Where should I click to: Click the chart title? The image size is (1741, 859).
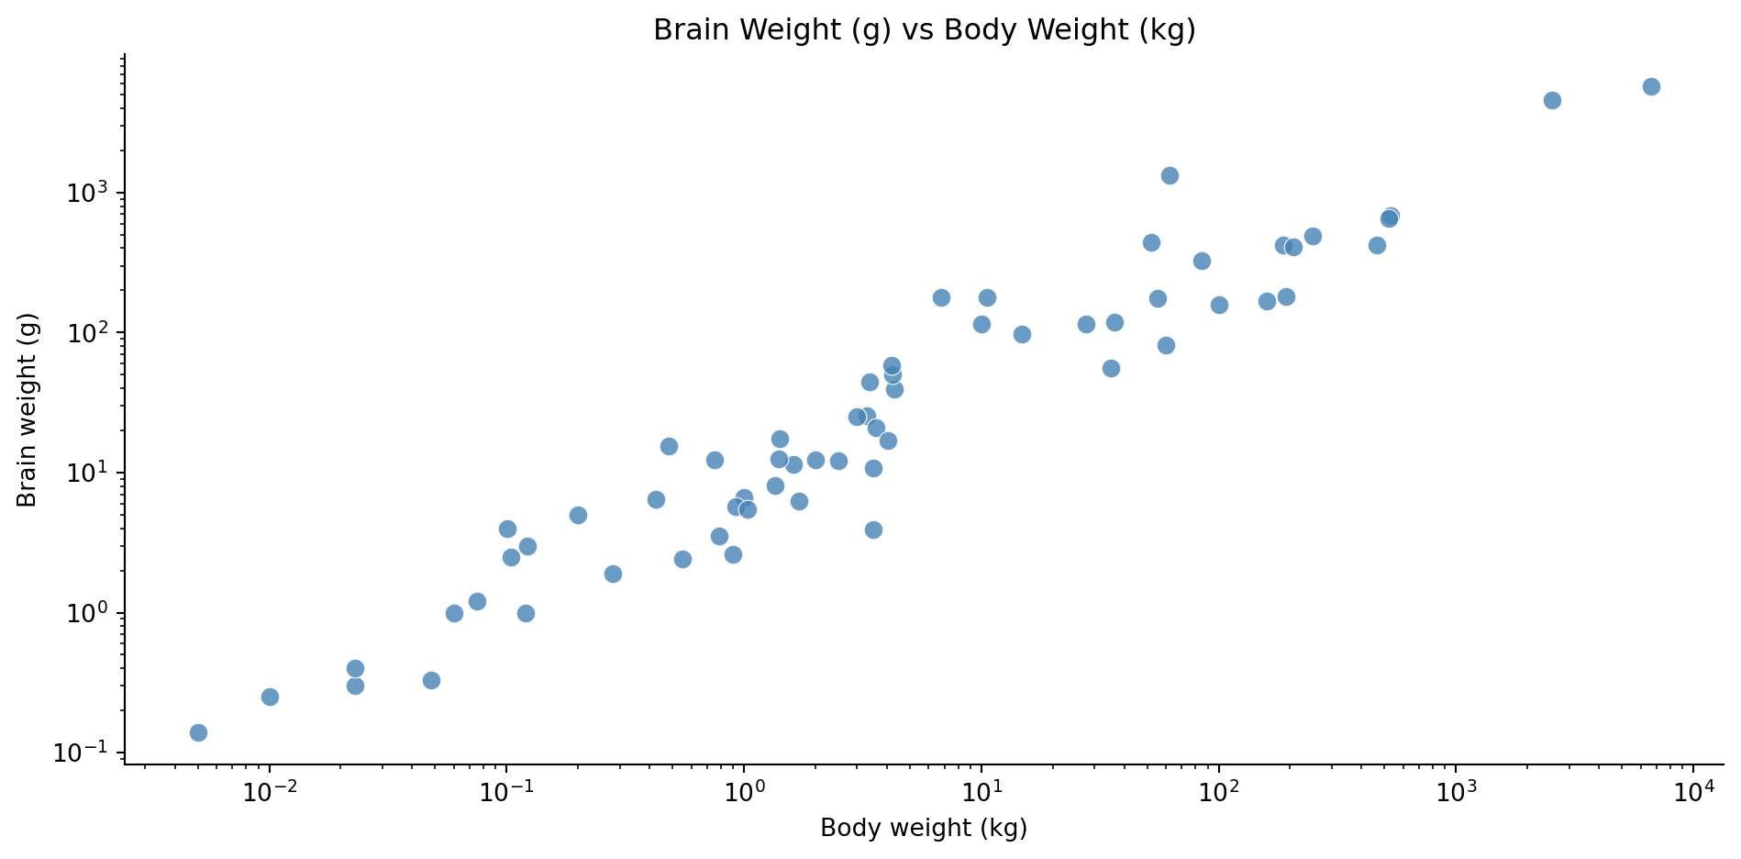924,30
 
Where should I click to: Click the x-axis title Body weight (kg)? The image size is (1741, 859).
924,828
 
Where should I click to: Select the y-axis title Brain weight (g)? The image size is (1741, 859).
28,409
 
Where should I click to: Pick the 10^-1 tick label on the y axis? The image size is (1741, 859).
87,753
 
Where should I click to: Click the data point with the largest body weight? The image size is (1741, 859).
1651,86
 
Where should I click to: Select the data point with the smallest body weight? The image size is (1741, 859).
198,732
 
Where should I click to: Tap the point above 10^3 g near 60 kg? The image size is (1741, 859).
1170,175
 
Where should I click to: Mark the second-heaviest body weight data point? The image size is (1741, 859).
1552,100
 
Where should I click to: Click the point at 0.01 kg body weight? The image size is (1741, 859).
270,697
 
